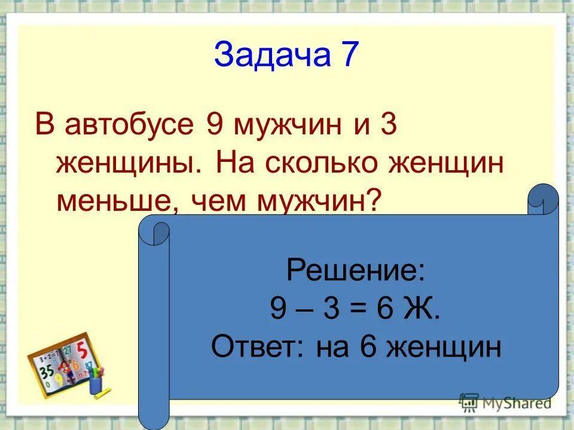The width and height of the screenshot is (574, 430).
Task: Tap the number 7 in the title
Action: click(x=350, y=56)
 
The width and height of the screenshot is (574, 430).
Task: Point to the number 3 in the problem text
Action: click(x=387, y=126)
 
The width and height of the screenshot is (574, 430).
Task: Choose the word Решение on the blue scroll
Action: click(x=356, y=271)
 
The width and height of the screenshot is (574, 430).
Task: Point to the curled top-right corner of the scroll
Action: click(x=544, y=200)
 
